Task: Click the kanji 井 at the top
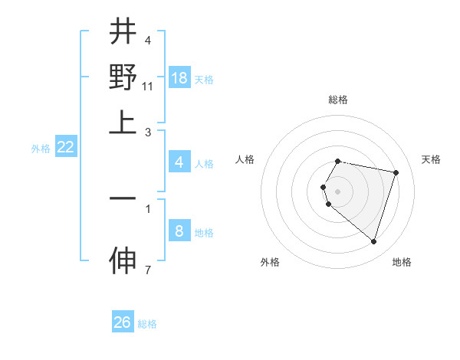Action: [x=123, y=32]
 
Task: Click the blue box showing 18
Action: [x=179, y=78]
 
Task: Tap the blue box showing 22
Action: [x=65, y=147]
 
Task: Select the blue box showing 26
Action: [x=123, y=322]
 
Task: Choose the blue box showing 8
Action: [x=179, y=231]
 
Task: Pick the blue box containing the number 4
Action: [x=179, y=162]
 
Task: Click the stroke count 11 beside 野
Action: [x=148, y=87]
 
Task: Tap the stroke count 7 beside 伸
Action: [x=148, y=270]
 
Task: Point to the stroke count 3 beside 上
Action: [x=148, y=132]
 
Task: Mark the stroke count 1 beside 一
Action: [x=148, y=207]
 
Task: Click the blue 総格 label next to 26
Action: [x=147, y=324]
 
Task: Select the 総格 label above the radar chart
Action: [x=338, y=100]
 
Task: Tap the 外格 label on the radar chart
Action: [x=270, y=262]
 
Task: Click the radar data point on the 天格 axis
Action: [x=396, y=172]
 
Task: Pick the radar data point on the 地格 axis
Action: [x=373, y=241]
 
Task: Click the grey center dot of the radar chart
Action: [x=338, y=191]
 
